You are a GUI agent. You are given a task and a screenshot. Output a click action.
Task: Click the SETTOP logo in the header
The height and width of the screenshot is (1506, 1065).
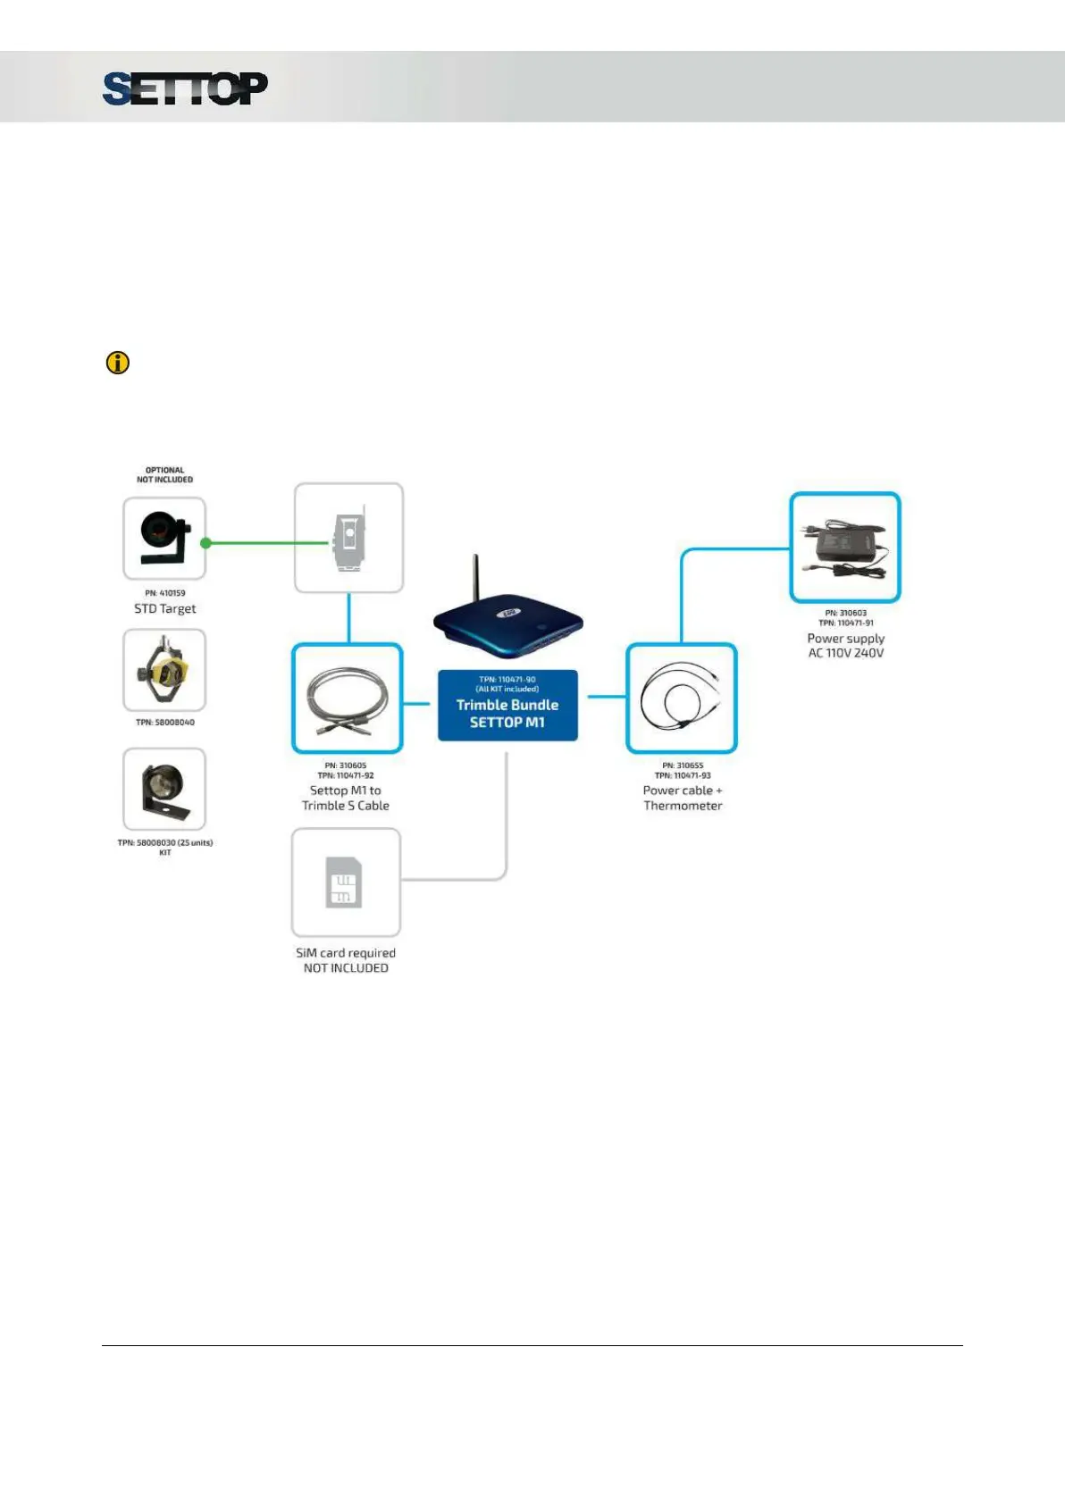pos(185,88)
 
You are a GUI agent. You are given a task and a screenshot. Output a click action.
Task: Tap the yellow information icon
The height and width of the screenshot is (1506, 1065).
pos(118,363)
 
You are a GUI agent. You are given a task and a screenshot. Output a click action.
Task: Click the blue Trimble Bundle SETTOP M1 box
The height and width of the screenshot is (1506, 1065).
pos(507,706)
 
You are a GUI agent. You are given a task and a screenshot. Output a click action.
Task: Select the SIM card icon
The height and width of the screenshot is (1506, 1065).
pos(345,883)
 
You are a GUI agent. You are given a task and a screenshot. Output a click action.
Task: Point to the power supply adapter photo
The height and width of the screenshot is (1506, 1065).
pos(845,547)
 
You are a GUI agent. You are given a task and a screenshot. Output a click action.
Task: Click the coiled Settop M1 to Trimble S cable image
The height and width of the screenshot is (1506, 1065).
pos(348,699)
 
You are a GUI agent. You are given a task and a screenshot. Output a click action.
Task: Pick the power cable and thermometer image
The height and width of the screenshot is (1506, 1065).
pos(682,699)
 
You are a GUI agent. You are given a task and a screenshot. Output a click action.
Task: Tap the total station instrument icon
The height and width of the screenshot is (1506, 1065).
pos(349,538)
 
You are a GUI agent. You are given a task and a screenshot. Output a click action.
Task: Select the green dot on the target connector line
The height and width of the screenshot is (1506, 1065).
pos(206,543)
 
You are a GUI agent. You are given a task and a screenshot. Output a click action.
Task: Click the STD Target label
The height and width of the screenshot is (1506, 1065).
pos(165,609)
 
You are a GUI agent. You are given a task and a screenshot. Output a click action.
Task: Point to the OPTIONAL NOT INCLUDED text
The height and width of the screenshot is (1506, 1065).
pos(164,475)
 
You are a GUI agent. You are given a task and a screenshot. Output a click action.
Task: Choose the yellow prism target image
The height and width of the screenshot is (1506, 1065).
pos(164,670)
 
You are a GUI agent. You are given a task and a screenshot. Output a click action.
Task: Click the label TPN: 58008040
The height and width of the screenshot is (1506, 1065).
pos(165,723)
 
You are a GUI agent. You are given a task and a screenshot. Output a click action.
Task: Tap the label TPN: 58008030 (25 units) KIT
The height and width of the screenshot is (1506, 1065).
pos(165,847)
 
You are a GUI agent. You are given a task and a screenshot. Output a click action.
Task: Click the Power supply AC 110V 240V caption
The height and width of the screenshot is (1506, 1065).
pos(846,646)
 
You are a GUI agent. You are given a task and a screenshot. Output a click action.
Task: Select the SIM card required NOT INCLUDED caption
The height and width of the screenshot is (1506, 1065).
pos(346,960)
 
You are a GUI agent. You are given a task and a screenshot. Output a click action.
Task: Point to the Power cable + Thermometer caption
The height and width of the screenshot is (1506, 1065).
pos(683,798)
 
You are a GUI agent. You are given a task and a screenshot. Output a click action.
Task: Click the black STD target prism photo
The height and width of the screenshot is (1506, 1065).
pos(164,539)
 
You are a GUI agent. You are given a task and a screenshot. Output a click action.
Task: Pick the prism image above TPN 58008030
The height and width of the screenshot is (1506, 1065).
pos(164,789)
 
